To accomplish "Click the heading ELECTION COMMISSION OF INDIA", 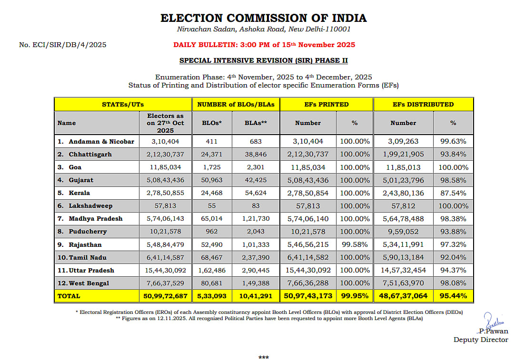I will click(x=263, y=18).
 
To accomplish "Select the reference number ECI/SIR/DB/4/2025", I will click(x=62, y=45).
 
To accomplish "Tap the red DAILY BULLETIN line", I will click(x=264, y=45).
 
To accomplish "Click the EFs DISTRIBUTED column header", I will click(x=423, y=104).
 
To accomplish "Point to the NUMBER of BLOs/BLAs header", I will click(x=236, y=104).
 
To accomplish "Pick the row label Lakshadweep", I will click(x=90, y=206).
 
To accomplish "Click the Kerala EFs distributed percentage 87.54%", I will click(x=453, y=193).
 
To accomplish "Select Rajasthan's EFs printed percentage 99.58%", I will click(x=354, y=244).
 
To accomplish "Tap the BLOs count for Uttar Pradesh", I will click(x=211, y=270).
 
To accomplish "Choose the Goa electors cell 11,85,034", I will click(x=165, y=167).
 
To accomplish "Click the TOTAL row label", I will click(x=69, y=296).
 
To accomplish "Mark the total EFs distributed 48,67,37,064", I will click(x=403, y=296).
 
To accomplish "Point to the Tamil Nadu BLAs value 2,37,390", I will click(x=255, y=257).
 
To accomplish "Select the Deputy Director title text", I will click(x=480, y=340).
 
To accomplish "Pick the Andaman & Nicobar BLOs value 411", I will click(x=211, y=141).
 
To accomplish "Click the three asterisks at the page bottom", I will click(x=263, y=357).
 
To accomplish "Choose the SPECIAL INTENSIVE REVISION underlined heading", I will click(x=263, y=61).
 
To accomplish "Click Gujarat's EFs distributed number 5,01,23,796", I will click(x=403, y=180).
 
